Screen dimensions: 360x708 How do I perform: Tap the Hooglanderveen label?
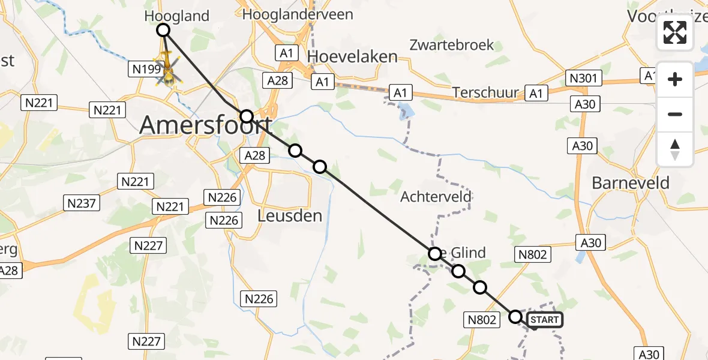click(x=297, y=14)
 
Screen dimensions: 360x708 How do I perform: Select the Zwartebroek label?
click(x=452, y=44)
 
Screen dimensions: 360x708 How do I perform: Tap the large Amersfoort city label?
click(x=205, y=125)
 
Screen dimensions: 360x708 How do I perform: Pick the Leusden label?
click(x=289, y=215)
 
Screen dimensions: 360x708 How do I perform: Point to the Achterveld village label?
click(x=436, y=197)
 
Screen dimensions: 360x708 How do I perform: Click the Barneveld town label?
click(x=631, y=183)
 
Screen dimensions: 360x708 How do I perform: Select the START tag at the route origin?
click(x=544, y=320)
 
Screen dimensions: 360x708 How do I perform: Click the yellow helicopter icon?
click(x=168, y=70)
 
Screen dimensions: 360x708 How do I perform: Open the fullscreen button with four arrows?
click(x=675, y=32)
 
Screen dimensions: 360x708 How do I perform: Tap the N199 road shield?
click(x=144, y=70)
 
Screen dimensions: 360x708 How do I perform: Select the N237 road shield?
click(x=82, y=203)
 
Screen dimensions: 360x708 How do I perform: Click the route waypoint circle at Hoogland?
click(x=163, y=30)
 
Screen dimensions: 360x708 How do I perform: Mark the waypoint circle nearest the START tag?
click(x=515, y=316)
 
